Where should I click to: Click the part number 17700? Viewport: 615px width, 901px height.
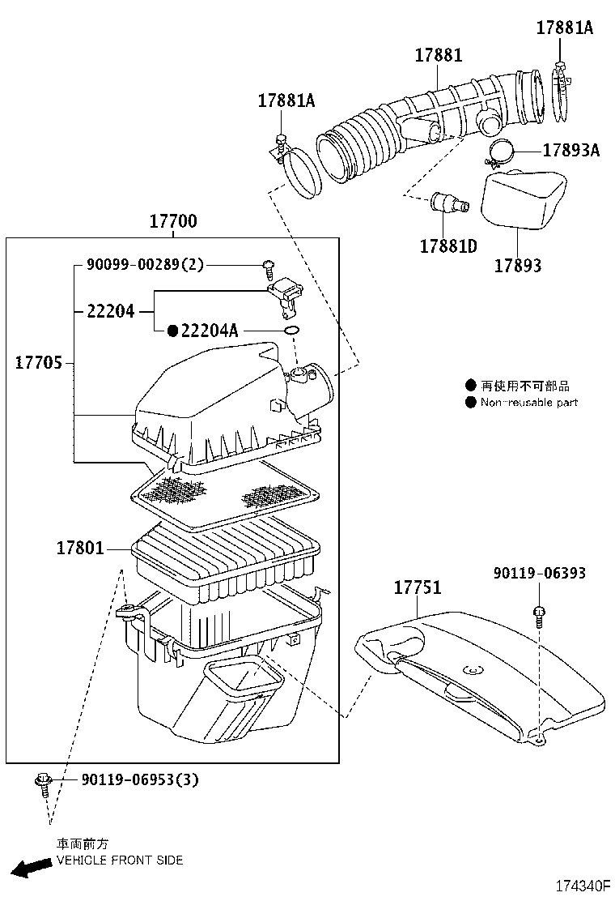173,222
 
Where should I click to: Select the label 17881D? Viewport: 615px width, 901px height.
448,246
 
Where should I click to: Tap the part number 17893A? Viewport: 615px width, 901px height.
570,150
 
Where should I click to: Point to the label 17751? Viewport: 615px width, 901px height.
418,588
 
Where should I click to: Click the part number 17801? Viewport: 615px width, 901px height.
80,549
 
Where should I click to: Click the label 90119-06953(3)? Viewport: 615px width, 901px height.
139,779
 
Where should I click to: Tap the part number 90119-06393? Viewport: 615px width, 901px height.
540,573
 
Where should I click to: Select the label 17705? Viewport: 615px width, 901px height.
38,364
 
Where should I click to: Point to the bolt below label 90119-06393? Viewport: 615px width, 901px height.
539,615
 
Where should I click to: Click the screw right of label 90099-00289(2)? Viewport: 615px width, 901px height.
268,265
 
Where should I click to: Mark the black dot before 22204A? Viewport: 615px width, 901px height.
172,331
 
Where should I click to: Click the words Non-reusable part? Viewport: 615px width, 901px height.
528,403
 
